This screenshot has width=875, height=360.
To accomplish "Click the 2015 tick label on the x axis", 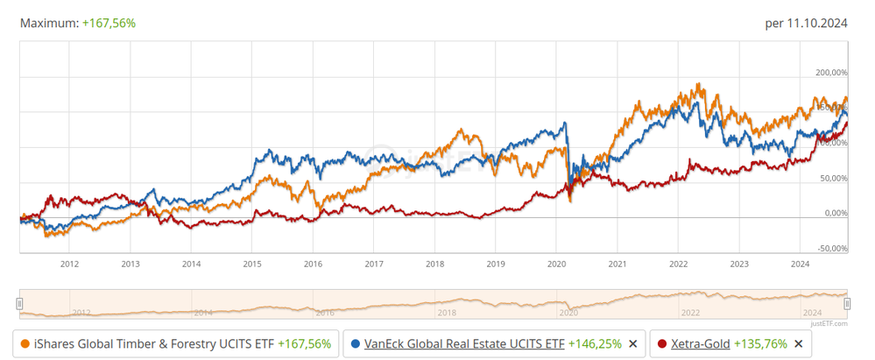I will [252, 262].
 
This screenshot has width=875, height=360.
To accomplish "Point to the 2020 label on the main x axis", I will [556, 262].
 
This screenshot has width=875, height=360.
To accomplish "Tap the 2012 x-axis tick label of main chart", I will [69, 262].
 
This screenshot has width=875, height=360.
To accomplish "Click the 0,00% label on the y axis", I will [834, 213].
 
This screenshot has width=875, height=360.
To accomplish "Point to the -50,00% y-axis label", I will [831, 248].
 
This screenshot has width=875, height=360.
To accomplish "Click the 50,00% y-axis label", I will [832, 178].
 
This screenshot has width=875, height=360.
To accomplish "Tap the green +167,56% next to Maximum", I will [109, 24].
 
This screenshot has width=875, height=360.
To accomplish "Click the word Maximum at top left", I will [49, 24].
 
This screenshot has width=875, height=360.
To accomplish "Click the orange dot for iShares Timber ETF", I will [24, 344].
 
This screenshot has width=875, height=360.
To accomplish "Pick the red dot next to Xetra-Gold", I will [662, 344].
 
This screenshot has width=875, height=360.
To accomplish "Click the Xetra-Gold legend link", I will [700, 344].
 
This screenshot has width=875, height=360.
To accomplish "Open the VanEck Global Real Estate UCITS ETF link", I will [464, 344].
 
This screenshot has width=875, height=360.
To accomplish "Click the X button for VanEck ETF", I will [632, 344].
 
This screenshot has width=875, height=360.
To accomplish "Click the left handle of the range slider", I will [19, 303].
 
